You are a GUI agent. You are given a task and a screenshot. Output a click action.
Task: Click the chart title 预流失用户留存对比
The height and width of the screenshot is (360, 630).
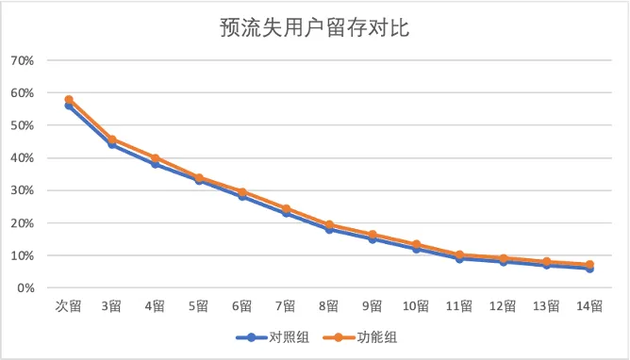coord(314,27)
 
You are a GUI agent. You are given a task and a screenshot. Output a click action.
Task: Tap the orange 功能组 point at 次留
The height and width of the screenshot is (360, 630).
coord(69,99)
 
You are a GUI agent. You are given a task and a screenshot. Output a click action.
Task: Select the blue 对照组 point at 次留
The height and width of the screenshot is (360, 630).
coord(69,106)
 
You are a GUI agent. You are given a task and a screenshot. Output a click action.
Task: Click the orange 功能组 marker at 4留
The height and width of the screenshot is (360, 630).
coord(156,158)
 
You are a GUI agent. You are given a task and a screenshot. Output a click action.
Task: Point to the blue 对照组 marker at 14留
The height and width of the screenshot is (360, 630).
coord(589,269)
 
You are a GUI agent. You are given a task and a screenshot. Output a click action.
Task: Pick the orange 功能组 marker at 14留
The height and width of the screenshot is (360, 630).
coord(589,265)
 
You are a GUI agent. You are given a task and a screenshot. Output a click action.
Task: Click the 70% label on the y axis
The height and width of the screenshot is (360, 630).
coord(23,60)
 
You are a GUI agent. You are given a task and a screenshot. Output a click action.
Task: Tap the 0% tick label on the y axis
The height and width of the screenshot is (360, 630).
coord(25,287)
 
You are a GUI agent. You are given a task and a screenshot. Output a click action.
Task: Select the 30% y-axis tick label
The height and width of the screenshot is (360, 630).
coord(23,190)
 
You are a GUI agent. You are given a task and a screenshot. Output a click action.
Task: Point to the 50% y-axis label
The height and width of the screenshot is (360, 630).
coord(23,125)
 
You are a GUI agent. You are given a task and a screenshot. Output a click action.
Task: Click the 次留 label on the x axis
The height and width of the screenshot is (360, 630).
coord(68,306)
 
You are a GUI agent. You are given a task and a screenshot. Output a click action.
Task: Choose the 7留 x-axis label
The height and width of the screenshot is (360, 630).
coord(285,306)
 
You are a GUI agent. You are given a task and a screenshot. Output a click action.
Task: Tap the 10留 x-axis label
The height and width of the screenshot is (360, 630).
coord(416,306)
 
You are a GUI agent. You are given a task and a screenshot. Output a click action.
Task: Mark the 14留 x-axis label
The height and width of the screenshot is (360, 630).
coord(589,306)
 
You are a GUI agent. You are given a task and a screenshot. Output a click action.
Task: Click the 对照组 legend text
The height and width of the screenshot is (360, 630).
coord(289,337)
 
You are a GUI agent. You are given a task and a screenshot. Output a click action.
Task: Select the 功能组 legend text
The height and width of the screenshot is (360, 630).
coord(377,337)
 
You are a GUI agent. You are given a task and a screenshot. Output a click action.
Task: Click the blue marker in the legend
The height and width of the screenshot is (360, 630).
coord(252,337)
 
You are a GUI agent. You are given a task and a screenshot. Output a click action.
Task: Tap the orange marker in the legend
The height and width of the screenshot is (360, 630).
coord(339,337)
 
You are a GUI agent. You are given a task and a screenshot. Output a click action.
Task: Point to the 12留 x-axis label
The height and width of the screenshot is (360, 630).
coord(503,306)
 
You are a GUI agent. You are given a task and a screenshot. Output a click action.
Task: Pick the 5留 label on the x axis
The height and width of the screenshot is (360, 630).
coord(198,306)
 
